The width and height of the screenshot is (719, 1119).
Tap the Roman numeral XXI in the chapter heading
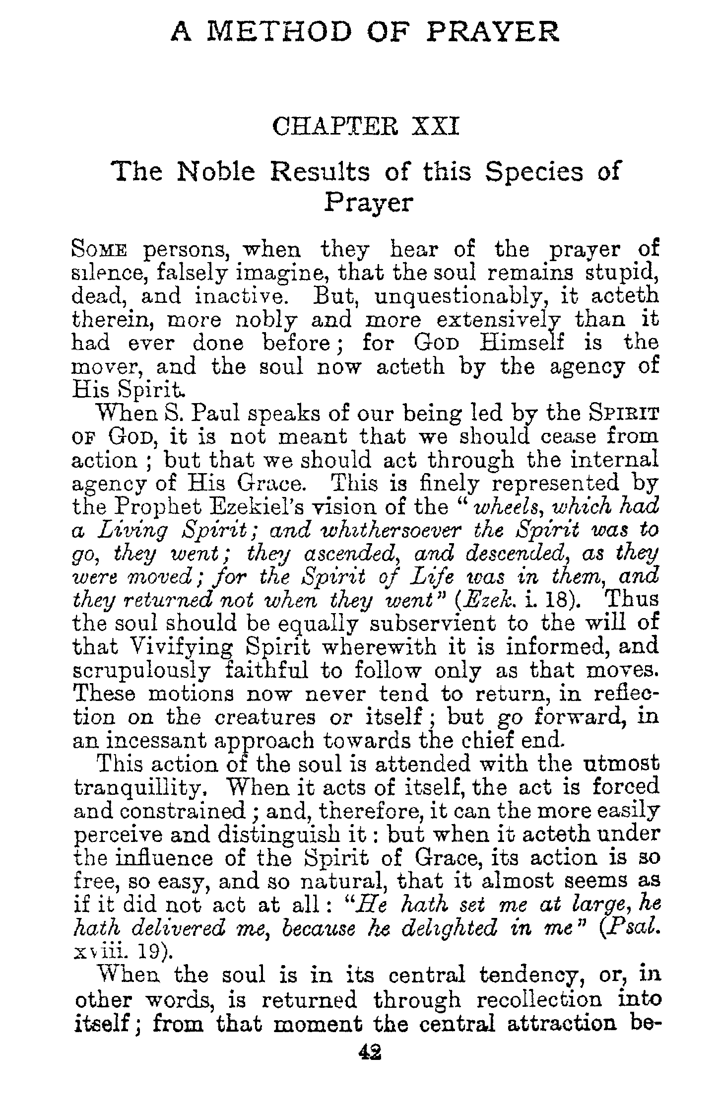435,126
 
